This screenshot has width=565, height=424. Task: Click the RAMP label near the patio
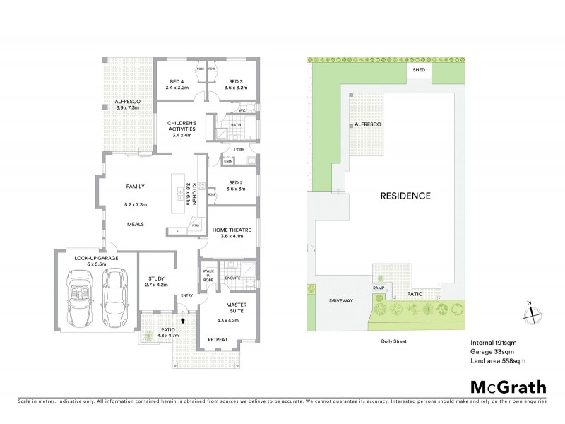[x=377, y=288]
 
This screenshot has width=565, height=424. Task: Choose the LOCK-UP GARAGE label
[x=95, y=259]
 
